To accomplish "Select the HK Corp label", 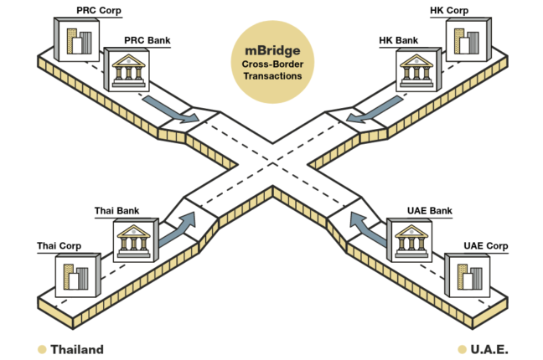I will coord(448,11).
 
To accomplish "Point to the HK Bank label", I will coord(397,39).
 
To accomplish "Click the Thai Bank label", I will coord(116,213).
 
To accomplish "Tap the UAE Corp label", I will coord(485,245).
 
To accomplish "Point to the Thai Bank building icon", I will coord(135,244).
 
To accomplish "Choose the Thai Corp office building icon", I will coord(78,275).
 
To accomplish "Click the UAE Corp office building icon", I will coord(465,275).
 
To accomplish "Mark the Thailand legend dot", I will coord(41,348).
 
